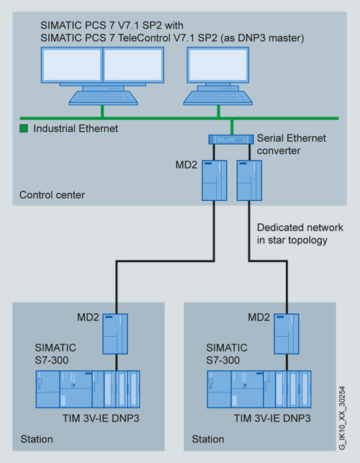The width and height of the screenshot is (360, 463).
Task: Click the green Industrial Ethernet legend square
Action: coord(24,128)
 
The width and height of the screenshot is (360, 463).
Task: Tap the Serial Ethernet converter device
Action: coord(231,140)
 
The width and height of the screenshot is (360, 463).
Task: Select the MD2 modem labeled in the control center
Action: coord(215,181)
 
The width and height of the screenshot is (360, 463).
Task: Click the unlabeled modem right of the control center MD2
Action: coord(249,181)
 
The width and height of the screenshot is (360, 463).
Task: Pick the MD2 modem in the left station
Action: coord(115,333)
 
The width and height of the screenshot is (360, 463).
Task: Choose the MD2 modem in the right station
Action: coord(287,333)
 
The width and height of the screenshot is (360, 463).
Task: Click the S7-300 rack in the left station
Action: coord(88,389)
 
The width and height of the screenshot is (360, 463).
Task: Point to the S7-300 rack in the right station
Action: coord(259,389)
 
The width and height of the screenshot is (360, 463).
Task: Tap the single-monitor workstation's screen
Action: coord(218,65)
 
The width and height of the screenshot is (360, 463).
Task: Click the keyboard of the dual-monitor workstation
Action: coord(104,98)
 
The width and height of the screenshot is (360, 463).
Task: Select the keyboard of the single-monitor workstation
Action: coord(218,98)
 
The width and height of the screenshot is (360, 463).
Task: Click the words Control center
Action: coord(52,195)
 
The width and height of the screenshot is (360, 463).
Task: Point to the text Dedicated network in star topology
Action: coord(300,233)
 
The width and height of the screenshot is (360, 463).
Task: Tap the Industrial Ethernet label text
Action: coord(76,128)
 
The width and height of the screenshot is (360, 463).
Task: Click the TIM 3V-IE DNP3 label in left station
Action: coord(101,418)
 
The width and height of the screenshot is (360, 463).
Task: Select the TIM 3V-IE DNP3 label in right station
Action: coord(272,418)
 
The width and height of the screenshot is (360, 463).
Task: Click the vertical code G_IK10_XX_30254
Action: coord(342,418)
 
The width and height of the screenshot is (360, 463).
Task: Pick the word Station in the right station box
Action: coord(208,439)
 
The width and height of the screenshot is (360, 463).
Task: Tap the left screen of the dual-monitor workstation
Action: coord(72,65)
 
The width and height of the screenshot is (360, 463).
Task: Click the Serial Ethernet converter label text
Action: coord(291,144)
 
